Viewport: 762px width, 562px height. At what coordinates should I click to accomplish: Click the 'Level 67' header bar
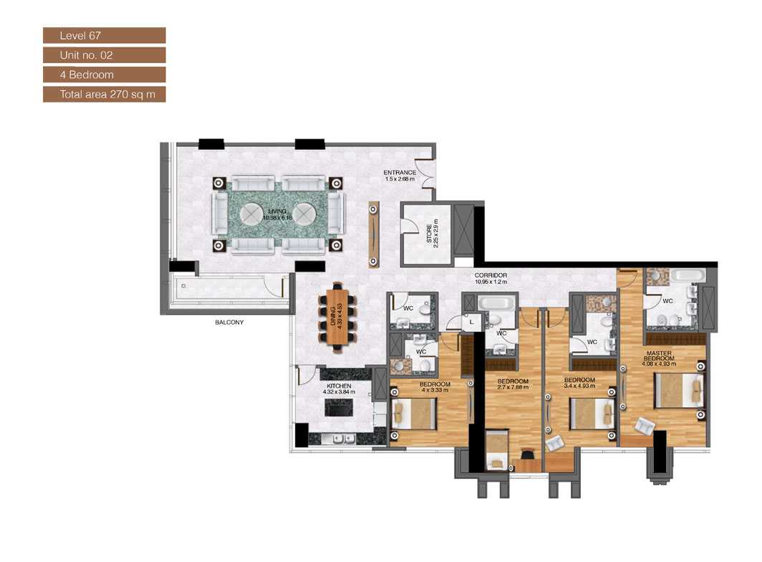(x=104, y=35)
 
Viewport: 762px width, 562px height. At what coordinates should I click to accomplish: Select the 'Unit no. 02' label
(x=104, y=54)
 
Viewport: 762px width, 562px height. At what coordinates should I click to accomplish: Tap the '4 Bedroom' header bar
(x=104, y=75)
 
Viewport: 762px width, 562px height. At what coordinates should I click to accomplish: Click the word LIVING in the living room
(x=277, y=211)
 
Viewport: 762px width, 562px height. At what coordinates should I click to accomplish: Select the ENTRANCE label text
(x=399, y=173)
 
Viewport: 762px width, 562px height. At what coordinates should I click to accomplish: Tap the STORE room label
(x=430, y=235)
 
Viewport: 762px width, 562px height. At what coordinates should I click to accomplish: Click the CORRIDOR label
(x=491, y=275)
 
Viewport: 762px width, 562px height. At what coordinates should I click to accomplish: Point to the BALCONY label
(x=229, y=323)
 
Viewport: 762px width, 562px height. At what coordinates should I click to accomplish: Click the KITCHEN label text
(x=339, y=386)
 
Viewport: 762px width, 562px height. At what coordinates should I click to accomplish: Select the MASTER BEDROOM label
(x=658, y=356)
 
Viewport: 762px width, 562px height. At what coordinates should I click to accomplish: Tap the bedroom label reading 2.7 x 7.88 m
(x=513, y=381)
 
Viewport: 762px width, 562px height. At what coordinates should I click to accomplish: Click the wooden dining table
(x=339, y=318)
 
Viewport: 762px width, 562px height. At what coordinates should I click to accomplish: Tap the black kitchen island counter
(x=341, y=408)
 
